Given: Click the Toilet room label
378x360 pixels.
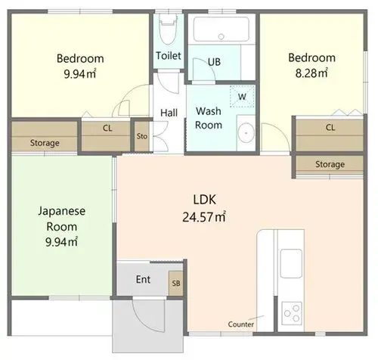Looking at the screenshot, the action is coord(169,56).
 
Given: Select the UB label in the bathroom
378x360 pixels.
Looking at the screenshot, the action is coord(214,62).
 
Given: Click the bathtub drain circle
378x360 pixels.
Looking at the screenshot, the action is coord(222,36).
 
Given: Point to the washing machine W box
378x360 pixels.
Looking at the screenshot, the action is coord(242,96).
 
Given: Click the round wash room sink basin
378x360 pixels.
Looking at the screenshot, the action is coord(246,133).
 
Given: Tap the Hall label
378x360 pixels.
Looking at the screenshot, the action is coord(169,113).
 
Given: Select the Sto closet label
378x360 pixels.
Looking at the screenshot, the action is coord(142,136).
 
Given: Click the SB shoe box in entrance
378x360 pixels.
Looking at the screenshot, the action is coord(176,284).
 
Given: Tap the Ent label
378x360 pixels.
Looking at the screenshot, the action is coord(143,279).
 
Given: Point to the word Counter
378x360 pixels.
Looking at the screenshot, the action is coord(240,324).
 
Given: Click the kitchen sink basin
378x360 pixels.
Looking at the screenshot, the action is coord(291,263).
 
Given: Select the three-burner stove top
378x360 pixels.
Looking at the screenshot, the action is coord(292,313).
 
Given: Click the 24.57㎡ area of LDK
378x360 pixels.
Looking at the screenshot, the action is coord(204,217).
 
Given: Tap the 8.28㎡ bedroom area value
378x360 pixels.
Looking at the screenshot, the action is coord(311,73).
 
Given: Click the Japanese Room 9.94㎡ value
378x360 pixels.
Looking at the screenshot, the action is coord(61,242).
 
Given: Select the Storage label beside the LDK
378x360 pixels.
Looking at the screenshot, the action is coord(330,164).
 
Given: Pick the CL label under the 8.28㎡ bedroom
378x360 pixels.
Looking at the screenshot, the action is coord(330,128).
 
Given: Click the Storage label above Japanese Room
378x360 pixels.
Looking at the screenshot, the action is coord(45,143).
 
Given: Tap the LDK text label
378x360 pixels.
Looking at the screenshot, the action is coord(204,200).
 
